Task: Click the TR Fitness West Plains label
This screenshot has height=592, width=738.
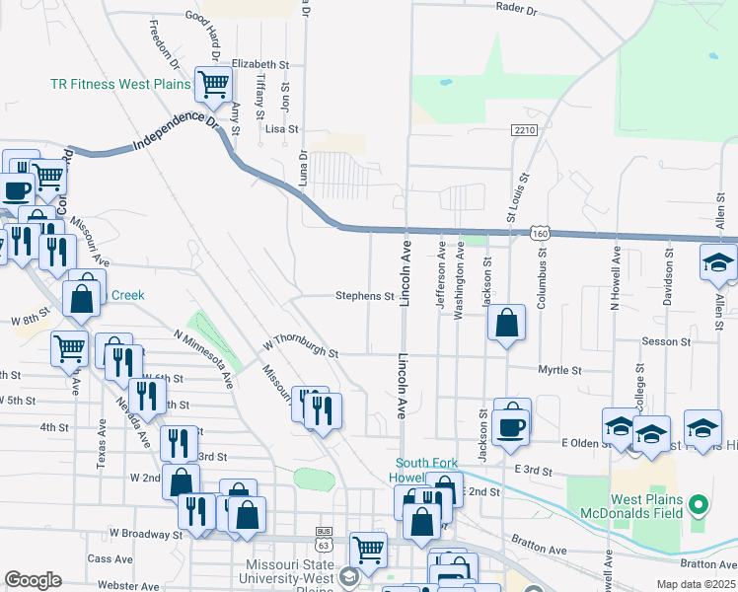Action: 119,85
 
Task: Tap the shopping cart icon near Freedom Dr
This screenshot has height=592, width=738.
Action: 212,85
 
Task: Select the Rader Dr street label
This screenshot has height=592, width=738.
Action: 516,11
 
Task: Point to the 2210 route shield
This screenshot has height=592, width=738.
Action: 524,130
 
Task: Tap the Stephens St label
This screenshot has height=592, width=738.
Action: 364,295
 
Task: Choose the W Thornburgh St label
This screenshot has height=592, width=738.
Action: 301,347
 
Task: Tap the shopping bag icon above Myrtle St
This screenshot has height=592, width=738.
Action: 506,323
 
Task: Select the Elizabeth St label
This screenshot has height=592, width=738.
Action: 260,63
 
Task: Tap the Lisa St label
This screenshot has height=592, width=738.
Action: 281,129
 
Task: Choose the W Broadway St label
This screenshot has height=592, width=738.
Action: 145,534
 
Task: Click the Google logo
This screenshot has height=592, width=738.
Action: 33,580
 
